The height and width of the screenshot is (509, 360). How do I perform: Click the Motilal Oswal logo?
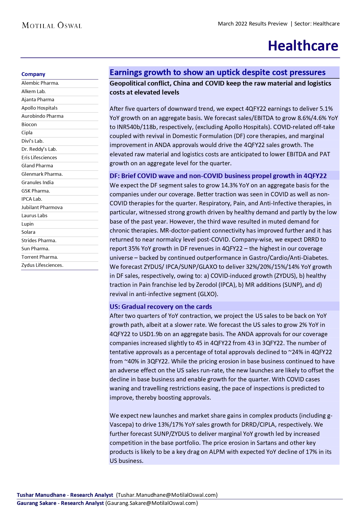(x=52, y=26)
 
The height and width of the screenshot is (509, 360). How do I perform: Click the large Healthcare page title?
(x=303, y=46)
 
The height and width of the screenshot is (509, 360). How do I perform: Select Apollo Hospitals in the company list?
(x=39, y=108)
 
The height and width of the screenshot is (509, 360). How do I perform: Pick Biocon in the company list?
(x=29, y=124)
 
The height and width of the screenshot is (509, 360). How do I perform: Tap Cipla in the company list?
(x=27, y=133)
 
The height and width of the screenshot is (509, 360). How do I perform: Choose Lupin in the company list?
(x=28, y=224)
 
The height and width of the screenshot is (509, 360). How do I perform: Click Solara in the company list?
(x=28, y=232)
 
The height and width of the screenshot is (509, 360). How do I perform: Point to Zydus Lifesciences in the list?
(x=42, y=265)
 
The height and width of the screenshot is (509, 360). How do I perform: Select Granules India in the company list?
(x=37, y=182)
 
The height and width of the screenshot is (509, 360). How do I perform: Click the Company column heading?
(x=33, y=74)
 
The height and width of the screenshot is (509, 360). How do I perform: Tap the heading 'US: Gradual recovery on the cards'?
(x=161, y=307)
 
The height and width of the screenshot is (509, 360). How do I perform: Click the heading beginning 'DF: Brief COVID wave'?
(x=218, y=176)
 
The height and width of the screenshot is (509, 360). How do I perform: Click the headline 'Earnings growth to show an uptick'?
(x=217, y=72)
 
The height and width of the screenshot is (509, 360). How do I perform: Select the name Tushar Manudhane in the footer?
(x=41, y=495)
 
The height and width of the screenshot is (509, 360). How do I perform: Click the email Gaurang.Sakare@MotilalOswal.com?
(x=151, y=503)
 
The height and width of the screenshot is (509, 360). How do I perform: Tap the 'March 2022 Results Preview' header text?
(x=252, y=24)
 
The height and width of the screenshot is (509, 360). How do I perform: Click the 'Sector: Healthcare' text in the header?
(x=317, y=24)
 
